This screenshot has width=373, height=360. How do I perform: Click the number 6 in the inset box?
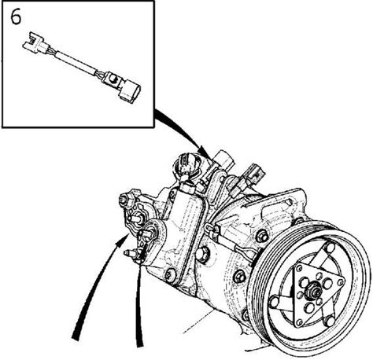16,18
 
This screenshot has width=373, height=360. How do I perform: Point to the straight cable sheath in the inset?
76,63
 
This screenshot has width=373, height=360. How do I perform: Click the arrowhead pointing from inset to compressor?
204,152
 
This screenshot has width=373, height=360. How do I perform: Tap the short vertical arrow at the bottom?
138,301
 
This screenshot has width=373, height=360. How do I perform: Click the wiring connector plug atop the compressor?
253,174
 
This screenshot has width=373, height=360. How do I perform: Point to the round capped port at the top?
188,163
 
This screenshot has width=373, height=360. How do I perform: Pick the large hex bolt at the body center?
202,254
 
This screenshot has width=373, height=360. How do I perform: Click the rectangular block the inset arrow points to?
223,160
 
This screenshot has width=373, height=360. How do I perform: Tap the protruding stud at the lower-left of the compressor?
131,253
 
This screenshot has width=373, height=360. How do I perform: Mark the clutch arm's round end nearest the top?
330,248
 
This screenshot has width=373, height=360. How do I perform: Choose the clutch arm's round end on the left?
274,301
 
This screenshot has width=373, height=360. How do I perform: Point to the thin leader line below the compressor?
199,321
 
